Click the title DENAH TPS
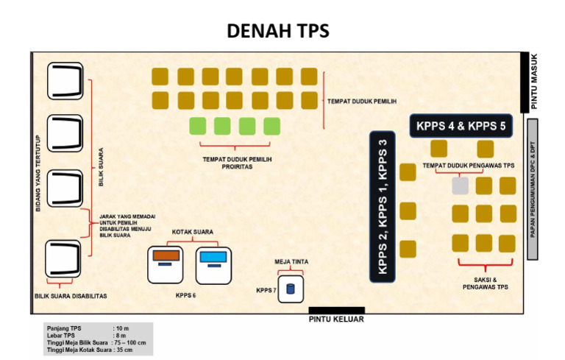coord(277,31)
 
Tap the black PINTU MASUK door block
coord(525,82)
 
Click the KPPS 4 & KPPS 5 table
coord(461,126)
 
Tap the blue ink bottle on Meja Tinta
coord(290,289)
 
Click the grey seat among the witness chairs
coord(460,186)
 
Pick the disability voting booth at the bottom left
coord(64,259)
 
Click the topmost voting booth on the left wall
coord(64,82)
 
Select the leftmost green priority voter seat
coord(197,126)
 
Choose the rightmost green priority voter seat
coord(271,126)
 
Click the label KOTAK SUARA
coord(192,232)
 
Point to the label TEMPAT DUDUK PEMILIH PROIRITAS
coord(233,162)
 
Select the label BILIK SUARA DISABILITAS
coord(71,296)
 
